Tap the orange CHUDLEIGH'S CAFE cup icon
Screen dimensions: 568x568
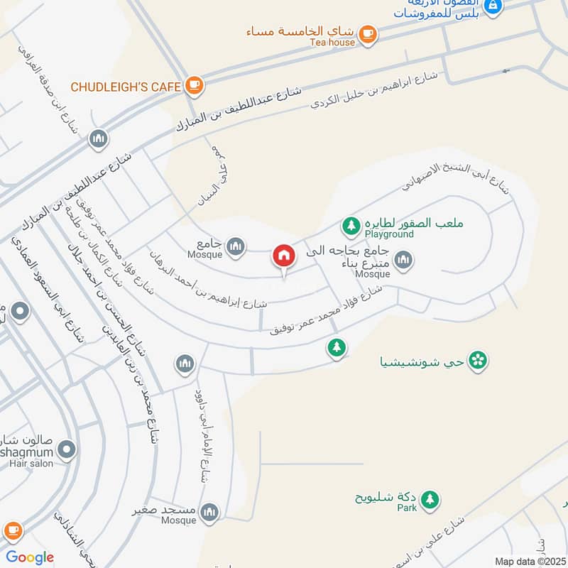point(194,86)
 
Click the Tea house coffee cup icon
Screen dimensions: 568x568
point(367,33)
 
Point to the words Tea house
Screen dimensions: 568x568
point(332,42)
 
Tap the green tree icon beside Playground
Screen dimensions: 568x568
point(351,226)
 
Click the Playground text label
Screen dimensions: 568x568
point(389,234)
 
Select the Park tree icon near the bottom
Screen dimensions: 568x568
point(429,499)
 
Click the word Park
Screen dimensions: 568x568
point(407,508)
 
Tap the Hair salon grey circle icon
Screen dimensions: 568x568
point(67,449)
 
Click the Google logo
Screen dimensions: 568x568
point(30,557)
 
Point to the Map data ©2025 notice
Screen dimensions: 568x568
point(529,561)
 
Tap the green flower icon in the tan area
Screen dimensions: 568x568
point(479,361)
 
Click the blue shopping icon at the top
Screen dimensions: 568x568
point(494,7)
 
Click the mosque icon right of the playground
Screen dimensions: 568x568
point(404,260)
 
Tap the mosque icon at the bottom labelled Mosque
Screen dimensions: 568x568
point(209,511)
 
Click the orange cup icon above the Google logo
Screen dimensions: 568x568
point(12,530)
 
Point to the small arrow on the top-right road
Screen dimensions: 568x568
point(507,71)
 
